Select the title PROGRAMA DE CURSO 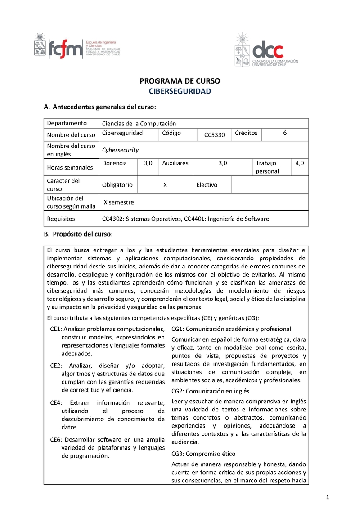[x=180, y=81]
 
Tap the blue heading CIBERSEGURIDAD [x=180, y=91]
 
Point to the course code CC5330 [x=214, y=135]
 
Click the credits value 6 [x=285, y=133]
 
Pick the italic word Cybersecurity [x=120, y=150]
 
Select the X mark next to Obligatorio [x=165, y=185]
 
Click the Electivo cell [x=207, y=185]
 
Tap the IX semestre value [x=118, y=202]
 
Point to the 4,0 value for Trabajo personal [x=300, y=163]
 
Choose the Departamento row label [x=67, y=123]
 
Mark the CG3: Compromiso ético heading [x=203, y=454]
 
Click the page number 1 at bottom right [x=328, y=496]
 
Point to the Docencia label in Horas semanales [x=114, y=163]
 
